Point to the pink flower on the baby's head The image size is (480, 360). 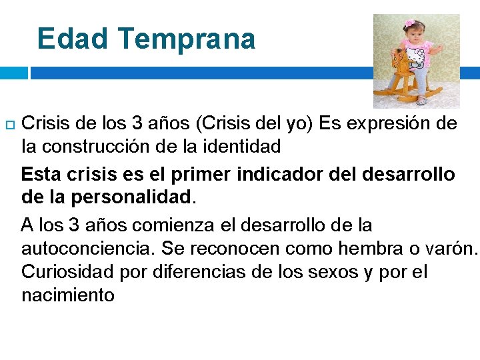pyautogui.click(x=409, y=23)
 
